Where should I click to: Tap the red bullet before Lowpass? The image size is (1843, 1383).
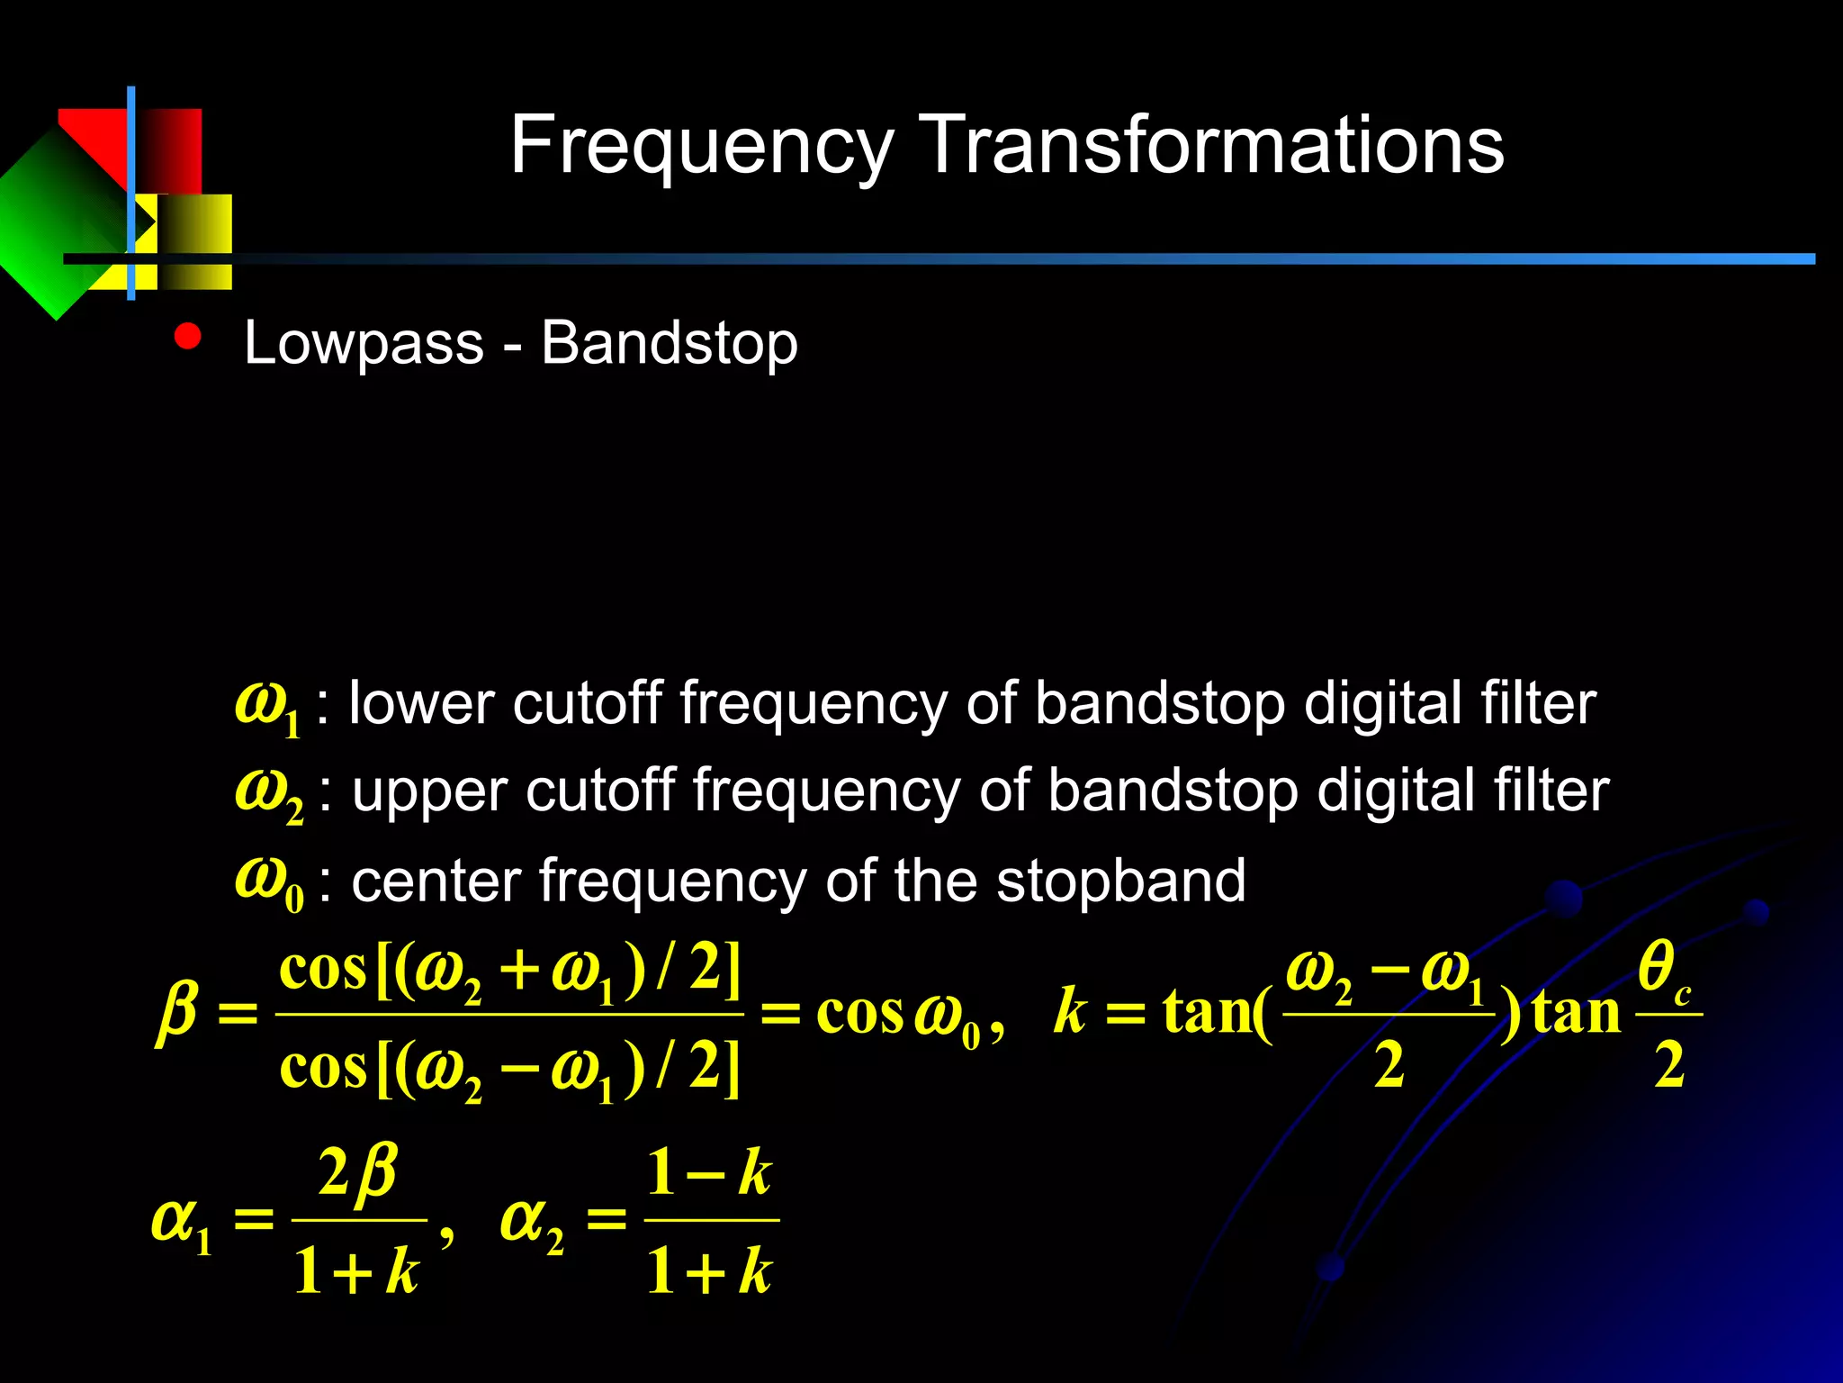[x=188, y=337]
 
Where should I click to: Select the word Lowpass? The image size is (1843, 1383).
[x=364, y=343]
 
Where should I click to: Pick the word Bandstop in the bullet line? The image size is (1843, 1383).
[x=669, y=343]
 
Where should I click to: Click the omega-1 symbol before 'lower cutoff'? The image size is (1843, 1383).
[x=266, y=706]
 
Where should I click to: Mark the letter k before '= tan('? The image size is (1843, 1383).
[x=1070, y=1012]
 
